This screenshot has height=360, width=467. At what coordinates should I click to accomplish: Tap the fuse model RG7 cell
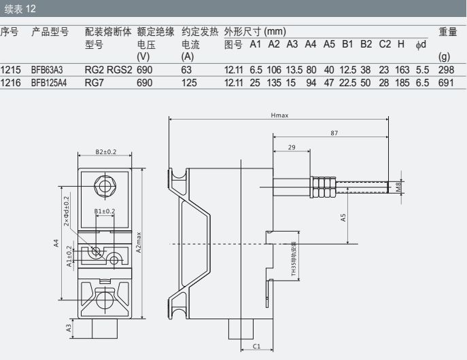[94, 82]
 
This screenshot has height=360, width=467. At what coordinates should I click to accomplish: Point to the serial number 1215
[11, 69]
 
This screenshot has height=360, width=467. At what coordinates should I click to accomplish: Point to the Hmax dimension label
[279, 115]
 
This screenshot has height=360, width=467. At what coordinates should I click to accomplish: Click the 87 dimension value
[334, 133]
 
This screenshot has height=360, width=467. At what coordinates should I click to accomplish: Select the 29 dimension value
[291, 147]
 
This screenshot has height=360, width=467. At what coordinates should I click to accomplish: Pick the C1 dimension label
[256, 346]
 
